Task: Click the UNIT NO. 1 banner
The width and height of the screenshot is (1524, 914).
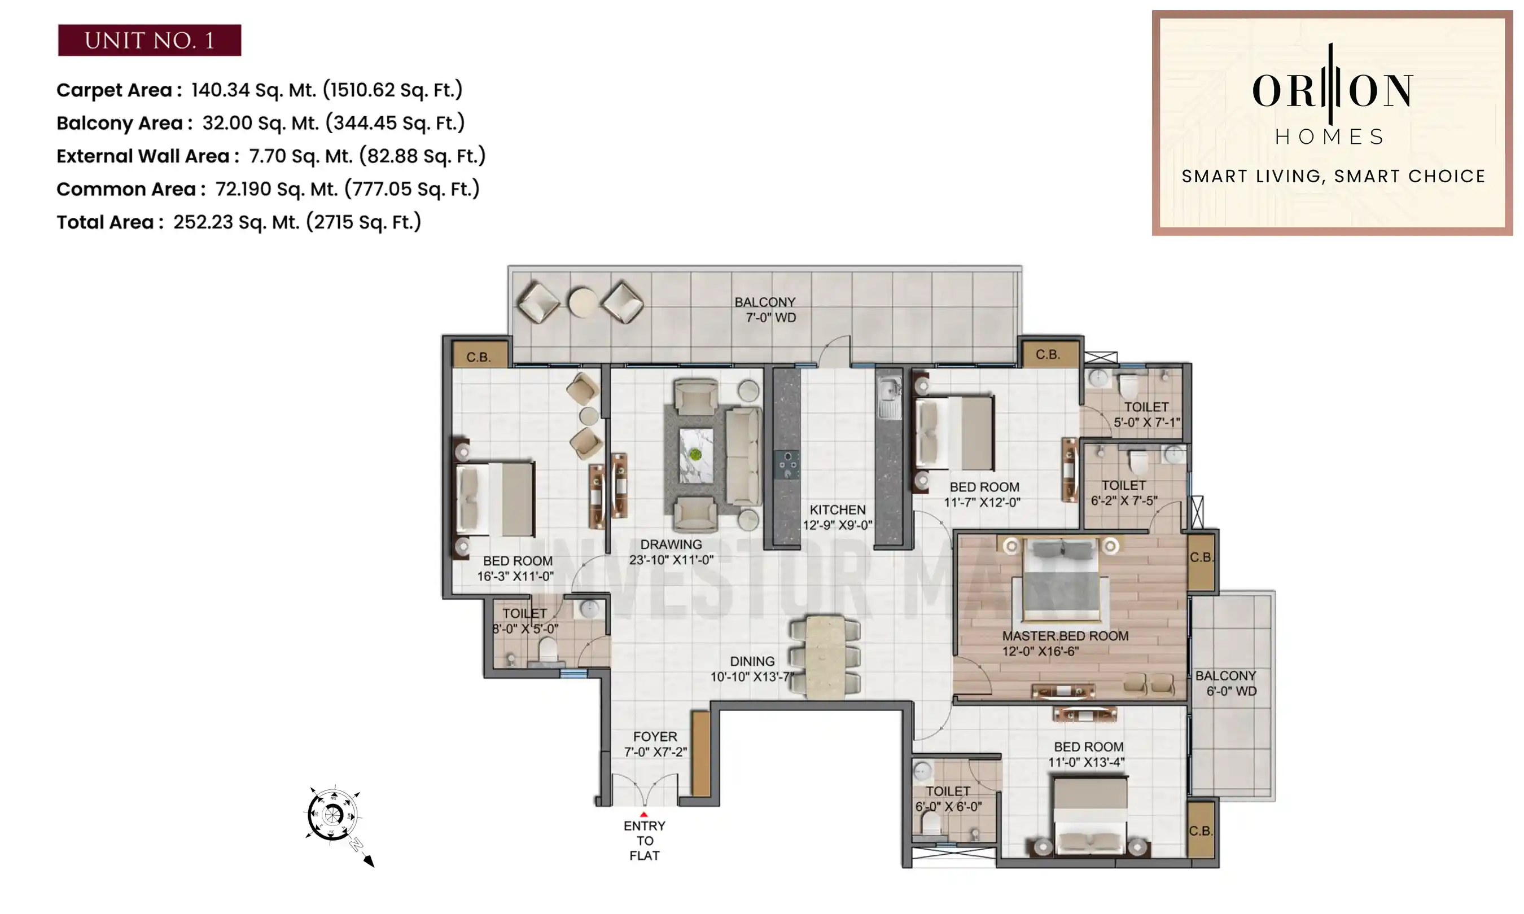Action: (x=149, y=40)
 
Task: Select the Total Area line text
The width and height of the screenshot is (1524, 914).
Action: (x=238, y=222)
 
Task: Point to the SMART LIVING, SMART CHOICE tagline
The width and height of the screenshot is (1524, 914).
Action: (x=1333, y=176)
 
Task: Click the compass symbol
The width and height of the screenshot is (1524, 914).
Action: (x=332, y=815)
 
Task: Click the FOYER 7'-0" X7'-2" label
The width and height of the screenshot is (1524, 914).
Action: (x=655, y=744)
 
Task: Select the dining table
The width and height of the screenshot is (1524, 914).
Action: (x=825, y=657)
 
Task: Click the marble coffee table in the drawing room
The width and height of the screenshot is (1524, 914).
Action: (x=695, y=456)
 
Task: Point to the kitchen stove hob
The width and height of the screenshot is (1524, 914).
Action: (x=787, y=464)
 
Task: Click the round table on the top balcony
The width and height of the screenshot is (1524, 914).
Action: (x=582, y=302)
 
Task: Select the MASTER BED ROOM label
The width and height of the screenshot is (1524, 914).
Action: (x=1065, y=643)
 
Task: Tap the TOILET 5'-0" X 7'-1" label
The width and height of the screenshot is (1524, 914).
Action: (x=1146, y=415)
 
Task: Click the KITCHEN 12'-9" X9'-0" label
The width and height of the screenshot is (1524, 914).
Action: (x=837, y=517)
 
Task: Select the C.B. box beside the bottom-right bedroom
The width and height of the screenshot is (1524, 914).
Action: (x=1200, y=830)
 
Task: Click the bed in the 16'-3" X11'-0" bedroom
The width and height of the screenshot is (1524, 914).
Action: (x=494, y=499)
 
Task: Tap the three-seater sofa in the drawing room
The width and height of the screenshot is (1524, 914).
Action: (x=743, y=456)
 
